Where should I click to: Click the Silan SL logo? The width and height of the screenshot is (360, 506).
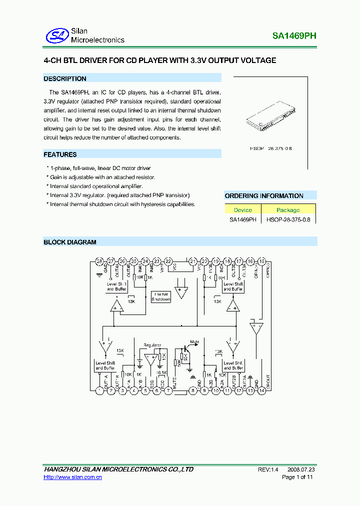tap(56, 35)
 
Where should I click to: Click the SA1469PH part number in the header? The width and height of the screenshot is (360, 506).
tap(294, 36)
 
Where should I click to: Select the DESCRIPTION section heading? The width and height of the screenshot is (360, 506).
tap(65, 78)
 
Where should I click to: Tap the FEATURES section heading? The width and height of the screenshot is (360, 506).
tap(60, 154)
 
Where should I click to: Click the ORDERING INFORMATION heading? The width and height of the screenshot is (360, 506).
tap(264, 196)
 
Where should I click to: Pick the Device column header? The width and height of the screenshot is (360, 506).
tap(243, 210)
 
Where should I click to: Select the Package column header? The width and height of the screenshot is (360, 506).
tap(288, 210)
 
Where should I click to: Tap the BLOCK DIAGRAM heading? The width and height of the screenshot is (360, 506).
tap(70, 242)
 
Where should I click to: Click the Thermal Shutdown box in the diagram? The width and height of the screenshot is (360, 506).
tap(161, 296)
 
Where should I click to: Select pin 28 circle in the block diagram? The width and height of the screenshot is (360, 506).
tap(99, 261)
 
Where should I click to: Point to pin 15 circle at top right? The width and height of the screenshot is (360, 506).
tap(261, 261)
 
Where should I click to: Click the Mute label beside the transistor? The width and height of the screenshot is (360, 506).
tap(194, 342)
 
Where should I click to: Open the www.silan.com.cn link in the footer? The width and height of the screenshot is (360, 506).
tap(73, 478)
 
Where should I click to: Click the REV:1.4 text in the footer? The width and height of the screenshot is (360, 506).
tap(268, 470)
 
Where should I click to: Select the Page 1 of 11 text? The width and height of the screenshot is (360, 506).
tap(297, 478)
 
